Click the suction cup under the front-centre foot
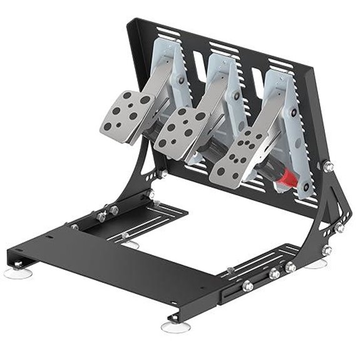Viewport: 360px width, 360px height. click(x=174, y=326)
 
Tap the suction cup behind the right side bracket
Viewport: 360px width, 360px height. click(x=316, y=264)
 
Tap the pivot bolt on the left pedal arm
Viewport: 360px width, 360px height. click(x=182, y=80)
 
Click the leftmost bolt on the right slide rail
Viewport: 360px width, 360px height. click(x=248, y=286)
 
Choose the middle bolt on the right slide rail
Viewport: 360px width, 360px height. click(x=274, y=274)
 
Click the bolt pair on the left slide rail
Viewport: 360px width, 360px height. click(x=107, y=213)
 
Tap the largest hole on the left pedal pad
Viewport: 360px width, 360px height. click(x=145, y=100)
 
